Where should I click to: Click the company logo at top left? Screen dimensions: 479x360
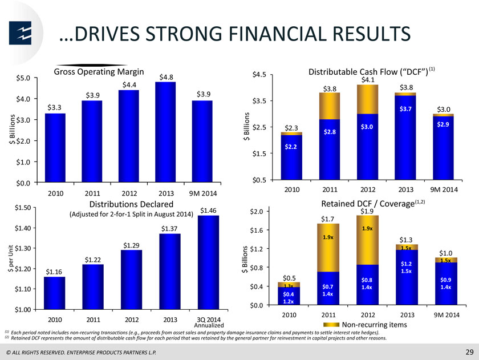tap(20, 33)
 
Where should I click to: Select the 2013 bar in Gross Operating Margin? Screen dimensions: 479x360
tap(165, 132)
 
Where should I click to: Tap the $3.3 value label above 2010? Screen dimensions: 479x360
tap(54, 108)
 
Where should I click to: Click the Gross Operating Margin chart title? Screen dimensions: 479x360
tap(99, 72)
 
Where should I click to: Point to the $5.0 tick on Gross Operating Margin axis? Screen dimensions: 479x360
tap(23, 78)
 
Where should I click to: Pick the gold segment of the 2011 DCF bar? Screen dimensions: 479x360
tap(330, 106)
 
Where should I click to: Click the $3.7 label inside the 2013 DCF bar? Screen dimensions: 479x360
tap(405, 109)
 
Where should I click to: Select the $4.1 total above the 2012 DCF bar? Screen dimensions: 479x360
tap(368, 80)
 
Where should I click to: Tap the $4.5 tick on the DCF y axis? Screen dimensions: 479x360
tap(259, 75)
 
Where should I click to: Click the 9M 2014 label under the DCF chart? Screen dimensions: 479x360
tap(444, 189)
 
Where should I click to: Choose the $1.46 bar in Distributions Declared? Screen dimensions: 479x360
tap(208, 262)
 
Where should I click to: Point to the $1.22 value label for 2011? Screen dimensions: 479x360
tap(92, 260)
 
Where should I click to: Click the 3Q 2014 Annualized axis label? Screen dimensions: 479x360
tap(209, 322)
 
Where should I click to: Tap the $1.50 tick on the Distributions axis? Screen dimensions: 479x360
tap(23, 208)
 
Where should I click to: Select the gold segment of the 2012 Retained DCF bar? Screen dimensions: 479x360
tap(367, 240)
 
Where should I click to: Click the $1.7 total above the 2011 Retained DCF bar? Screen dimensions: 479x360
tap(327, 219)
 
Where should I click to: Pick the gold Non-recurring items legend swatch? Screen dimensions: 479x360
tap(331, 325)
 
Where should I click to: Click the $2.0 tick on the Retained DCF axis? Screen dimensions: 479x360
tap(256, 212)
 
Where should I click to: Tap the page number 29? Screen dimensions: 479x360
tap(469, 352)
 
